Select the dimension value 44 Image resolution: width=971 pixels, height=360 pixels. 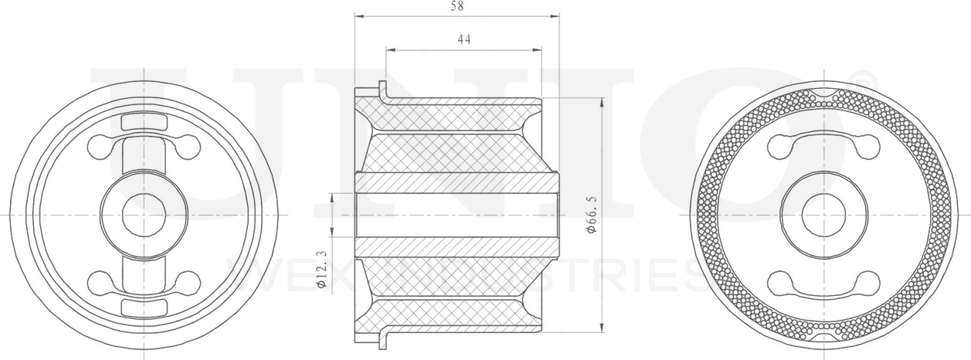coord(463,39)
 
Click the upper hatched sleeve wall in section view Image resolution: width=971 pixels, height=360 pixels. coord(456,183)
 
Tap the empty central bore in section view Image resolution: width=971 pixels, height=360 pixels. coord(456,214)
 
